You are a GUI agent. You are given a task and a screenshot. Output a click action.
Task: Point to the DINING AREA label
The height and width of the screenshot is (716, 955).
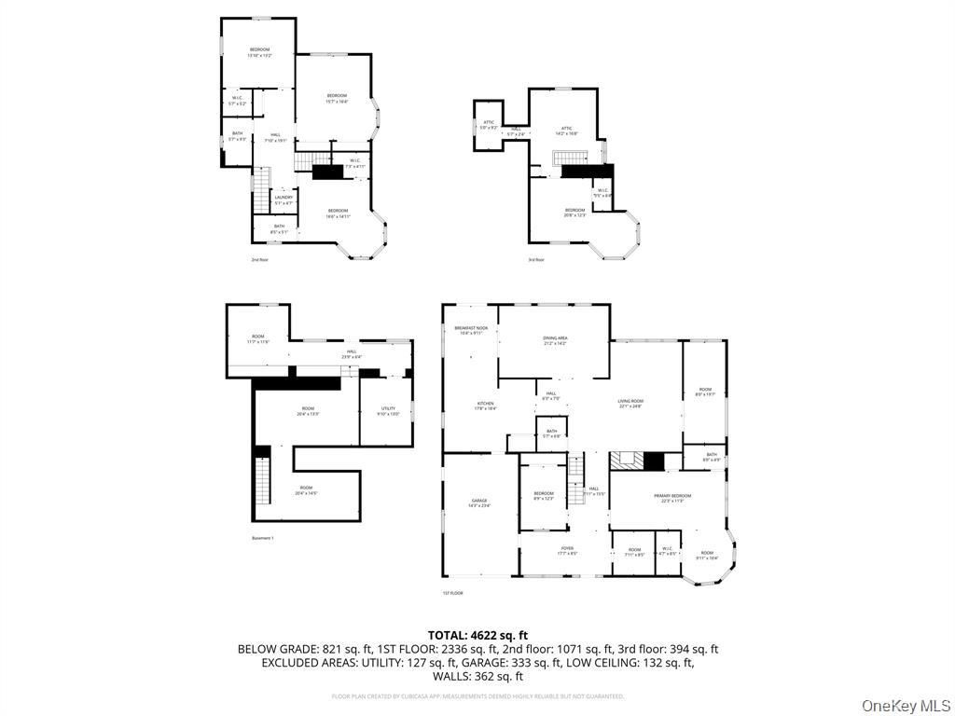(555, 340)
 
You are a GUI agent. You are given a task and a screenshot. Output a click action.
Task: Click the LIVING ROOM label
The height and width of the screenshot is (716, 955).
(630, 403)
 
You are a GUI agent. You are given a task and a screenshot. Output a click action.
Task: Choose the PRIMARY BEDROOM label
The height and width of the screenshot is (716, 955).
(671, 498)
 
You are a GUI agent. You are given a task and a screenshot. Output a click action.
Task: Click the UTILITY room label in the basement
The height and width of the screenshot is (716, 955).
(389, 411)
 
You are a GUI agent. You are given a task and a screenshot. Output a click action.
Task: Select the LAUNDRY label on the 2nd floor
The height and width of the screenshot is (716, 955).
(284, 199)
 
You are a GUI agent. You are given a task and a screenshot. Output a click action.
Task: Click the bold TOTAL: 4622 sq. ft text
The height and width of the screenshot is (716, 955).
(477, 635)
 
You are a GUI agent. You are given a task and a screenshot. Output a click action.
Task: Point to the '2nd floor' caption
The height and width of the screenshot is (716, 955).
(260, 259)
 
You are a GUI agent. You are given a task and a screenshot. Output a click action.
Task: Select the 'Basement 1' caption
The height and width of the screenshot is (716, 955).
(262, 538)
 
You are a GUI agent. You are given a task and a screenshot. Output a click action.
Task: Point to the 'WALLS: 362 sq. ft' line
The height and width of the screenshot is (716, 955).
(477, 676)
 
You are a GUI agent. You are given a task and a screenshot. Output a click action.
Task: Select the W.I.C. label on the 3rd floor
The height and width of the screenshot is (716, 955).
(602, 194)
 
